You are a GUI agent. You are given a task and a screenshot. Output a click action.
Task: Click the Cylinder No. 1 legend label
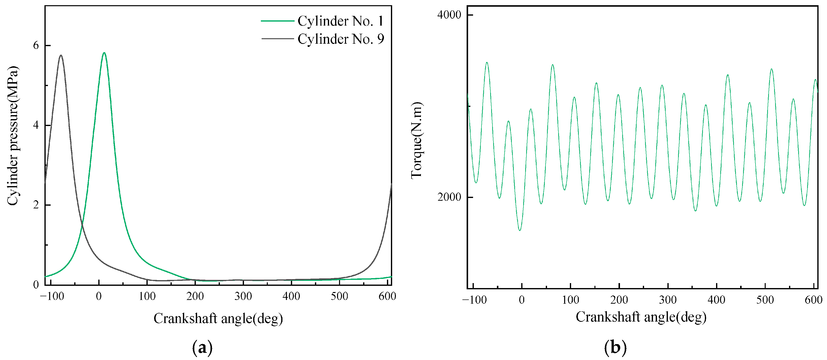click(x=340, y=21)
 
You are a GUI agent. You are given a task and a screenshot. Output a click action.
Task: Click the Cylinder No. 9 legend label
click(x=340, y=39)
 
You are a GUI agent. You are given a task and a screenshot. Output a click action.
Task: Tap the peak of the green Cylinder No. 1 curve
click(x=104, y=53)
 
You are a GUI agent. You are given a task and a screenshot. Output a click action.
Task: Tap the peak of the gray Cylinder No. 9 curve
click(x=61, y=55)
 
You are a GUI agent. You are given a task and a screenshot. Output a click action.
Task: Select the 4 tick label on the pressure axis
click(x=36, y=125)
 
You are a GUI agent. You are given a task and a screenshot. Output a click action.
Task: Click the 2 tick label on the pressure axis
click(x=36, y=205)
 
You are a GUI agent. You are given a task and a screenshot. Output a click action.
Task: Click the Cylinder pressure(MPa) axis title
click(x=13, y=135)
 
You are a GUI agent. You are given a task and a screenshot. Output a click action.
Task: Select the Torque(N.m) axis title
click(x=417, y=140)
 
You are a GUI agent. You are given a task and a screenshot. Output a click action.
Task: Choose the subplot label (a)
click(x=202, y=348)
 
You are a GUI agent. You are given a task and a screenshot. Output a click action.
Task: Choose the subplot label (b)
click(x=615, y=348)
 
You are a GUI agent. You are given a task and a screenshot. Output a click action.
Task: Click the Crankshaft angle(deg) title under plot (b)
click(x=641, y=317)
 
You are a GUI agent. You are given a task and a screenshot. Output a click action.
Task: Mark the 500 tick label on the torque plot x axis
click(x=765, y=300)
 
